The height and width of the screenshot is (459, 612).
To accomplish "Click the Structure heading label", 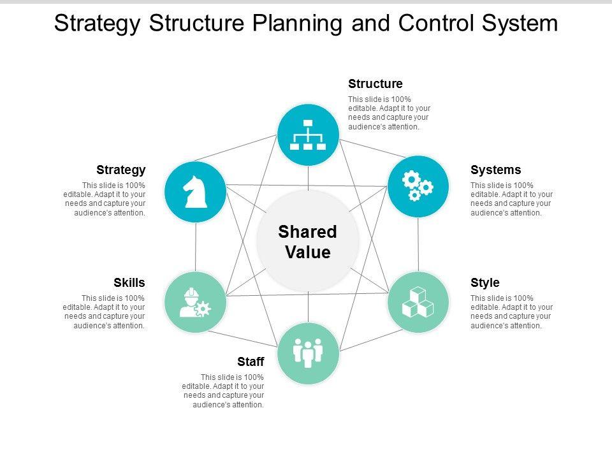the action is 375,84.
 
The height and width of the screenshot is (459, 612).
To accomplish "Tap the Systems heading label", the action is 495,170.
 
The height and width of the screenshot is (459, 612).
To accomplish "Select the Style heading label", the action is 484,282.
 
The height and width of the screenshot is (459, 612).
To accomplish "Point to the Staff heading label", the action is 251,362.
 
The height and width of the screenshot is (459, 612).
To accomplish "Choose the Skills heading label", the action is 129,282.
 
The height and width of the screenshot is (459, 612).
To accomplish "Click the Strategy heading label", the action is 121,170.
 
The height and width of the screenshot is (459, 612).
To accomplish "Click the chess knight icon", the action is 194,192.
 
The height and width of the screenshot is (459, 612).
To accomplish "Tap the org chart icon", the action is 308,135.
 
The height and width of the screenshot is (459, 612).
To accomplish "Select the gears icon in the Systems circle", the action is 418,186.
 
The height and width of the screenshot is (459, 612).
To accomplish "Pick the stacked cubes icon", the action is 418,302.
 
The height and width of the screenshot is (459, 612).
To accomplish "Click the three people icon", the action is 308,353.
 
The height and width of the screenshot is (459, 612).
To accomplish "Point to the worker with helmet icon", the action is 194,302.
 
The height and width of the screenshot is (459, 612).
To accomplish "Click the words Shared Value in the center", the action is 308,242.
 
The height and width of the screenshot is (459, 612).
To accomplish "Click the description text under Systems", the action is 511,199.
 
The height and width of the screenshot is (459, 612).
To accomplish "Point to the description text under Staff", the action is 222,391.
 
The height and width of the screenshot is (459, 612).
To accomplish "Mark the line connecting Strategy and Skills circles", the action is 195,247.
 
